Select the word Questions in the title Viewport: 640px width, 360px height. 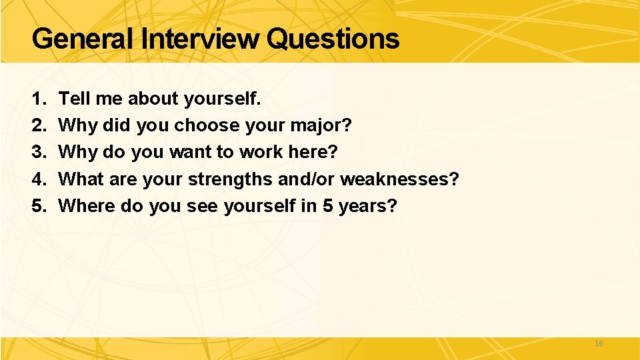pyautogui.click(x=332, y=39)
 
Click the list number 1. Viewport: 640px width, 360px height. pyautogui.click(x=37, y=99)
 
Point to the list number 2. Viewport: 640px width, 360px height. pyautogui.click(x=37, y=126)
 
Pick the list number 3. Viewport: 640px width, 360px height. pyautogui.click(x=37, y=153)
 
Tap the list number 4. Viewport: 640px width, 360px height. pyautogui.click(x=37, y=179)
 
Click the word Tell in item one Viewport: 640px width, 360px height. pyautogui.click(x=73, y=99)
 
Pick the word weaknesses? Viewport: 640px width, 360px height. pyautogui.click(x=400, y=179)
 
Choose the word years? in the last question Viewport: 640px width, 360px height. pyautogui.click(x=368, y=207)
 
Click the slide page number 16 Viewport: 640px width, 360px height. pyautogui.click(x=598, y=343)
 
